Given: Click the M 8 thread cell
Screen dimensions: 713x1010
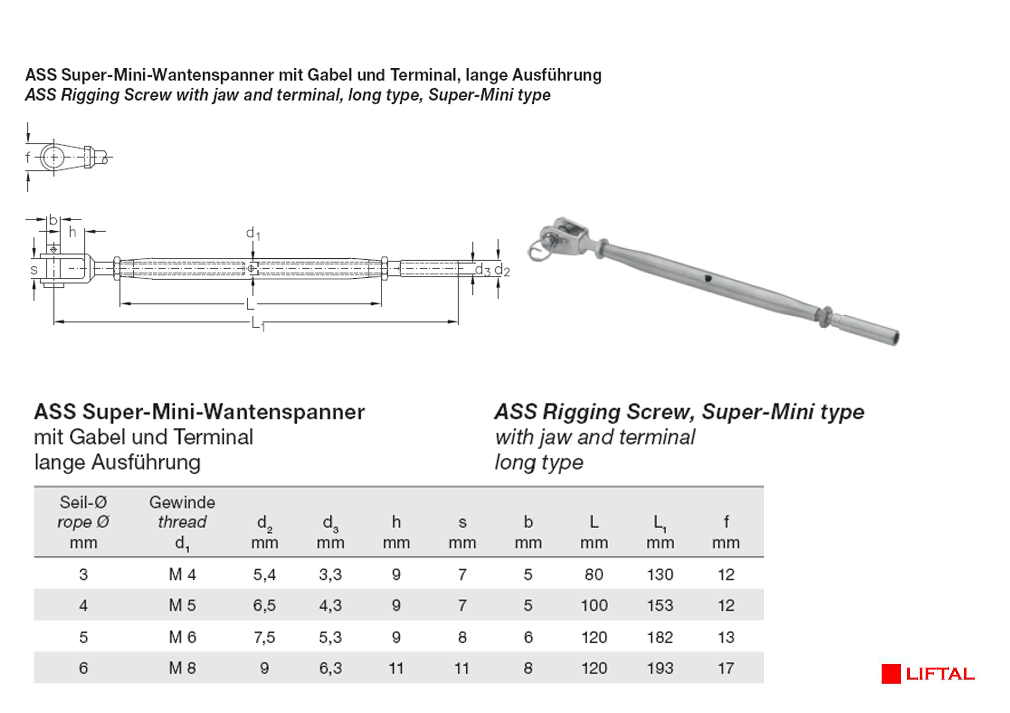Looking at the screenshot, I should [182, 668].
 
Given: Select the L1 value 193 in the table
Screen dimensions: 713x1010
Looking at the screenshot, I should [660, 668].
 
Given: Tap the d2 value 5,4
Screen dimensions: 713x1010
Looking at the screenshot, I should [265, 574].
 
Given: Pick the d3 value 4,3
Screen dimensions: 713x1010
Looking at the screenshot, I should [331, 605].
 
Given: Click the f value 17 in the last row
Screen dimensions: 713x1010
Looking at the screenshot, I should [726, 668].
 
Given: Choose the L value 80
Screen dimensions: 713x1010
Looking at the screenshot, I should [594, 574].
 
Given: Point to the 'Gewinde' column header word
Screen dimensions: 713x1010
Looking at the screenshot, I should [182, 502].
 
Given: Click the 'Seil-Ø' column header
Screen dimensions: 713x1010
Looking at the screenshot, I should [83, 502].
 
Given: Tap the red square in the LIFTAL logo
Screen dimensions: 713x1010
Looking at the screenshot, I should [891, 674].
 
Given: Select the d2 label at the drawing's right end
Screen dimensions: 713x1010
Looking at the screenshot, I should [502, 270].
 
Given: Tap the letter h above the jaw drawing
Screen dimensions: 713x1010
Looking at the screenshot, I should [73, 232].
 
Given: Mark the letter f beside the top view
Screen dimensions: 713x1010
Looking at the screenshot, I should [28, 157].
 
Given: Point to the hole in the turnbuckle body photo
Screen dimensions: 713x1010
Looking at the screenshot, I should [707, 278].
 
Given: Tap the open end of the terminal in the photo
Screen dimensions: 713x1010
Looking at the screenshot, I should [893, 338].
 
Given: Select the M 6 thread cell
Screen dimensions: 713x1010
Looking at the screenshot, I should [182, 637].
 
